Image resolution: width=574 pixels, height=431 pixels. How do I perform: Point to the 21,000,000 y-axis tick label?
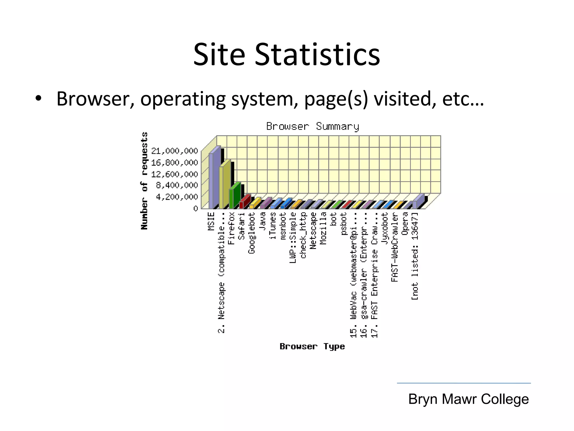[x=175, y=151]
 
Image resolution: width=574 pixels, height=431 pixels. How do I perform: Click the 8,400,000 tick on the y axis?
[x=177, y=185]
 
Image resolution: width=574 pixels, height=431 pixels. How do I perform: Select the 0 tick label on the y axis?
[x=195, y=208]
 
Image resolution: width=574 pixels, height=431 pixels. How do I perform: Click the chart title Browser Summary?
[x=313, y=127]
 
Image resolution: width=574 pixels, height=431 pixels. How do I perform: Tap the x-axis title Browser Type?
[x=312, y=346]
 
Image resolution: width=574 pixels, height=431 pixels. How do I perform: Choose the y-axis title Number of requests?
[x=144, y=181]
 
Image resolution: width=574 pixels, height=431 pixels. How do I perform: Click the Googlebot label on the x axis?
[x=252, y=233]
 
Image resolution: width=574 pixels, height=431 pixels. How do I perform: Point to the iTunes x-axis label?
[x=272, y=226]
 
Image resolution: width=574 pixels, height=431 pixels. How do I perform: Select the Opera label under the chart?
[x=404, y=224]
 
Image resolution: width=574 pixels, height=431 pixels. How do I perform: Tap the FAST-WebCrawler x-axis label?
[x=395, y=247]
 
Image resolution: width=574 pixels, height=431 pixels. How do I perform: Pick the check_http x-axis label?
[x=303, y=235]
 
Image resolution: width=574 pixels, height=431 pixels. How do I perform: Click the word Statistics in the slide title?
[x=317, y=54]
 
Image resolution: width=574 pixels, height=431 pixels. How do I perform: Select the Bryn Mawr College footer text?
[x=468, y=399]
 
